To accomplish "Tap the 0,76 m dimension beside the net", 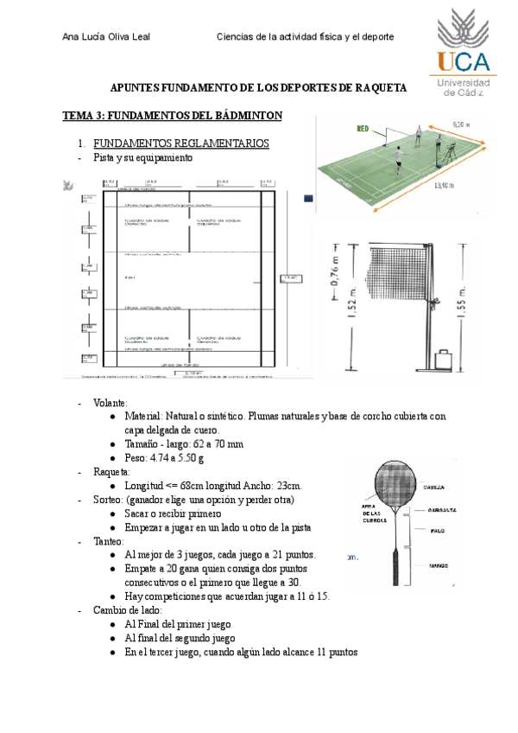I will point(332,273).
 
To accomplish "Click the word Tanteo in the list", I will point(107,541).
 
